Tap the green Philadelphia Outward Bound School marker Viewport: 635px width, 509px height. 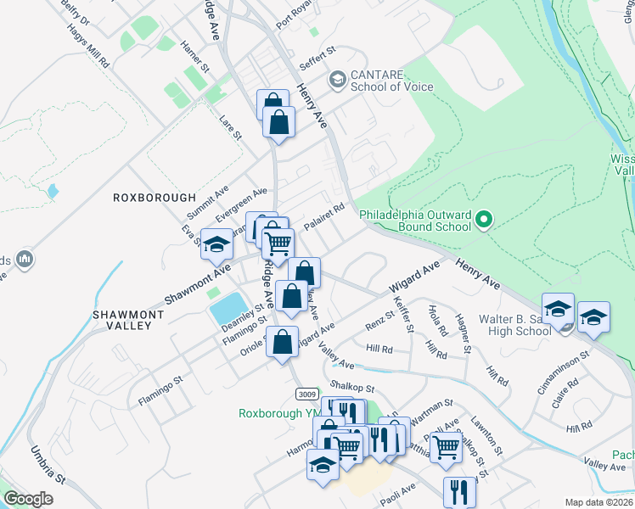pyautogui.click(x=485, y=221)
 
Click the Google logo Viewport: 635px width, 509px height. pyautogui.click(x=28, y=499)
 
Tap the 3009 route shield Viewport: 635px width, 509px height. pyautogui.click(x=307, y=394)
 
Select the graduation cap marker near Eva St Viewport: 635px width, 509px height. pyautogui.click(x=216, y=245)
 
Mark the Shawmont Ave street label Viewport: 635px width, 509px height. pyautogui.click(x=197, y=283)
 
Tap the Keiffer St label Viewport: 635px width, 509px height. pyautogui.click(x=402, y=314)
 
